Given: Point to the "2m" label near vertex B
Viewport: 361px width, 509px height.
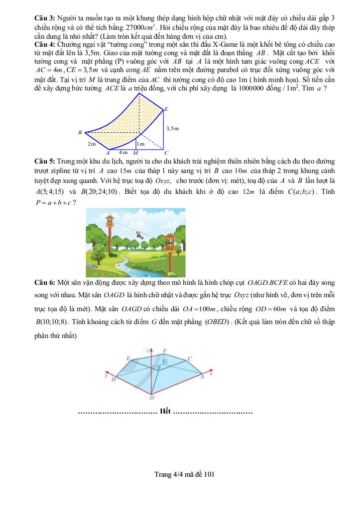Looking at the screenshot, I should click(91, 144).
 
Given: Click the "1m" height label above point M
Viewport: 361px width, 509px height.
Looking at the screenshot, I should click(141, 144).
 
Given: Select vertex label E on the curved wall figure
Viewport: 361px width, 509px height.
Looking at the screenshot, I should click(166, 109).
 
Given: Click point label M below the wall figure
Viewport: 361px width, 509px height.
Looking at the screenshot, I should click(135, 153).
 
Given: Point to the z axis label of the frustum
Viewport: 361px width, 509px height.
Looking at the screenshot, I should click(147, 350).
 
